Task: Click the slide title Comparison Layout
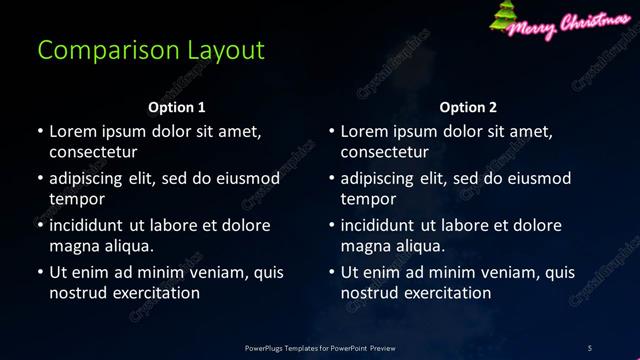tap(151, 50)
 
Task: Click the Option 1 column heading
tap(177, 107)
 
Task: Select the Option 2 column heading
tap(468, 107)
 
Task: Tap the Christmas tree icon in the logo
tap(503, 17)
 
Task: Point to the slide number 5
tap(590, 348)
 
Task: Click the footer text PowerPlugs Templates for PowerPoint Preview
tap(320, 348)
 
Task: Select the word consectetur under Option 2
tap(385, 152)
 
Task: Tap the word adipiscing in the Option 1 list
tap(88, 179)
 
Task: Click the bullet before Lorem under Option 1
tap(40, 132)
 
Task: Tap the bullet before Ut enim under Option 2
tap(332, 273)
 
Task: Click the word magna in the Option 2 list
tap(365, 246)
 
